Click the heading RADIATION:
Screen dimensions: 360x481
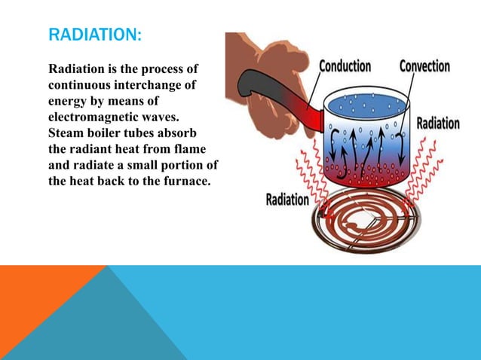coord(94,35)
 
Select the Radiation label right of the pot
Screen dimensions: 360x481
coord(438,124)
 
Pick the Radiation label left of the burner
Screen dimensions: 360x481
coord(287,200)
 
